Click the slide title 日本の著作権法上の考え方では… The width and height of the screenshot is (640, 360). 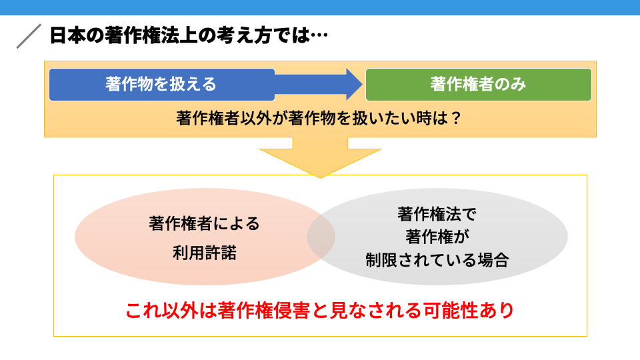[x=189, y=35]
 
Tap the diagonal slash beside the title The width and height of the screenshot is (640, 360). [x=29, y=36]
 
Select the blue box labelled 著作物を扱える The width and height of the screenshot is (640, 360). [x=161, y=85]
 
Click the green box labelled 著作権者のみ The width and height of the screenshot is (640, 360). [x=479, y=85]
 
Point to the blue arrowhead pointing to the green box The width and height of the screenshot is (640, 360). [x=353, y=85]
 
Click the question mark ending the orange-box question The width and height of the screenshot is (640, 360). [x=456, y=119]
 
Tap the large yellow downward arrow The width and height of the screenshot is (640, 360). [x=320, y=157]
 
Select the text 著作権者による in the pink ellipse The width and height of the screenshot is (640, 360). [x=204, y=224]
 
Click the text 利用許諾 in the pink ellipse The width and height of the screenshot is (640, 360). [x=205, y=253]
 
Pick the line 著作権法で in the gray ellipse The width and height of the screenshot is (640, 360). [x=437, y=214]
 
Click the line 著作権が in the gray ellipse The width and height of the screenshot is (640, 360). [x=437, y=237]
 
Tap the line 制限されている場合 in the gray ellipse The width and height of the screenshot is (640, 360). [x=437, y=260]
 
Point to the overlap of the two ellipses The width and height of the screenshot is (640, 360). [x=321, y=237]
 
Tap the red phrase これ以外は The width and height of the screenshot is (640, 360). [x=171, y=311]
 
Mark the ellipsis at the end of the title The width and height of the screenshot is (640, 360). [x=319, y=35]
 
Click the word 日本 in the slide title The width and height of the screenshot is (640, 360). [x=67, y=35]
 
